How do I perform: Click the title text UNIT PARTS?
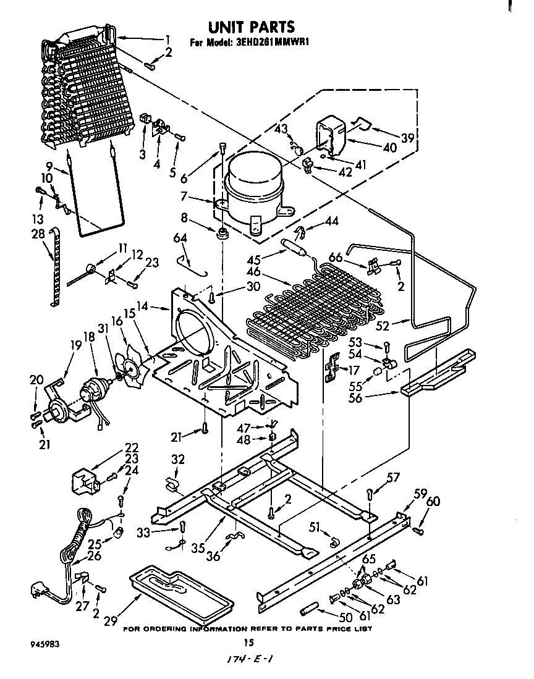tap(250, 27)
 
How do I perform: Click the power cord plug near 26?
tap(39, 593)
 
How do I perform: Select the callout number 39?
tap(407, 137)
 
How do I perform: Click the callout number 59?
tap(420, 493)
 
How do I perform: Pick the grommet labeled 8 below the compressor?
tap(221, 232)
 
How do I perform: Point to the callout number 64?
tap(179, 238)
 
